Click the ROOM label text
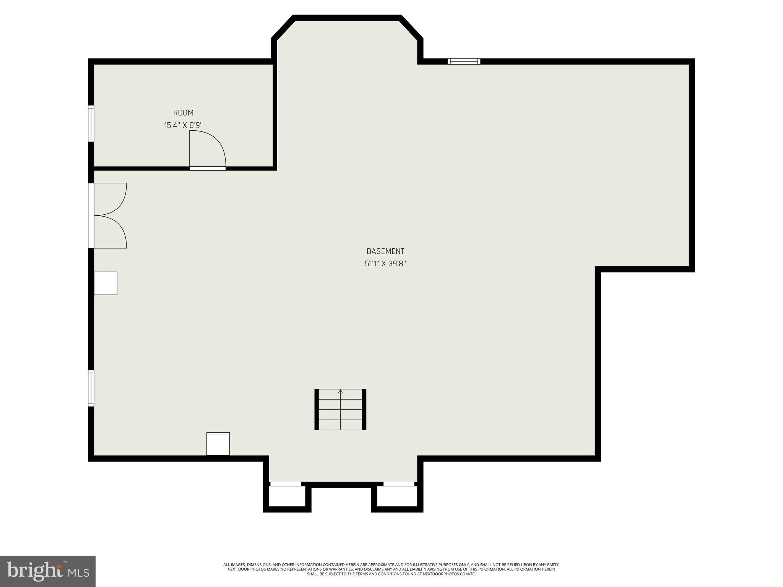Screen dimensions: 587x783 coord(183,113)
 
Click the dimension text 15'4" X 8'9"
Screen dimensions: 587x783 coord(183,125)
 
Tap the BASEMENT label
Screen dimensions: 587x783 coord(385,251)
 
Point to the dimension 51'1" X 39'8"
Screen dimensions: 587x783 coord(385,263)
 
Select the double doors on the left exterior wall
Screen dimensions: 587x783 coord(109,216)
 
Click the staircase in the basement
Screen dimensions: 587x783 coord(340,409)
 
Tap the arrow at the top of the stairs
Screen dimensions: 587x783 coord(340,391)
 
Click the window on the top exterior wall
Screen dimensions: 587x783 coord(464,61)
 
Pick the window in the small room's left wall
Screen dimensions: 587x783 coord(91,123)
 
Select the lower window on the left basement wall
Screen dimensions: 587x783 coord(91,388)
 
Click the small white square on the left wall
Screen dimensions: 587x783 coord(106,283)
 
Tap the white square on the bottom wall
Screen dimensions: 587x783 coord(218,444)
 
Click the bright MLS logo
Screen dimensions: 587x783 coord(47,571)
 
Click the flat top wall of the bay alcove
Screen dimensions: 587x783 coord(347,18)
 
